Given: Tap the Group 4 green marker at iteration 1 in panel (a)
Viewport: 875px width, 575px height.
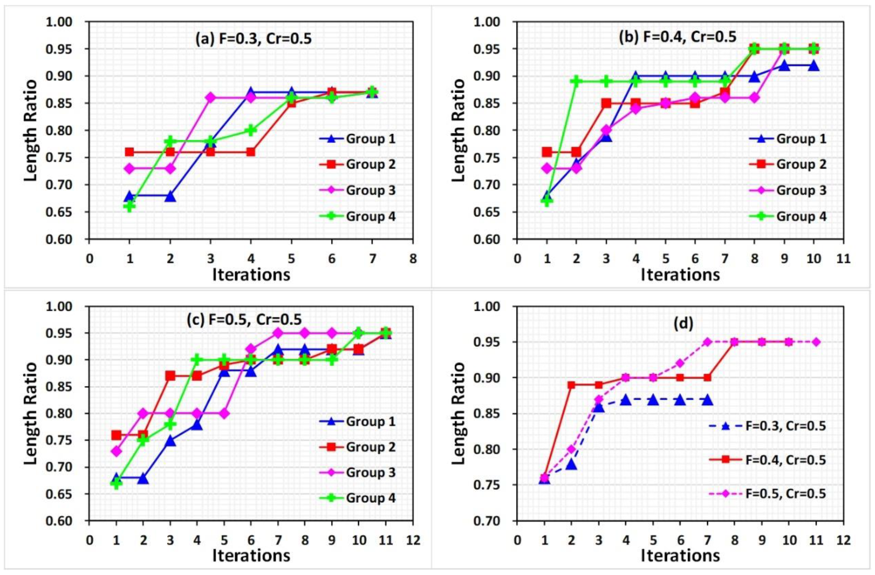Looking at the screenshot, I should point(129,206).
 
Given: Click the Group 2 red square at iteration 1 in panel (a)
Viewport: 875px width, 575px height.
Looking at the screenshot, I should point(129,152).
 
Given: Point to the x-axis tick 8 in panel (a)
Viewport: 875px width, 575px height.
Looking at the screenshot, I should point(413,259).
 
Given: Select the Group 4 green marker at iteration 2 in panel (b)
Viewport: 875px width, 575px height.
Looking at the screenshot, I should point(576,81).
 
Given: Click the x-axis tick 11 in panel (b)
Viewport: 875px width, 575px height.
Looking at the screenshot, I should point(843,259).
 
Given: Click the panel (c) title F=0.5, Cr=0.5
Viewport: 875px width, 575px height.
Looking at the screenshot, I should point(244,320).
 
